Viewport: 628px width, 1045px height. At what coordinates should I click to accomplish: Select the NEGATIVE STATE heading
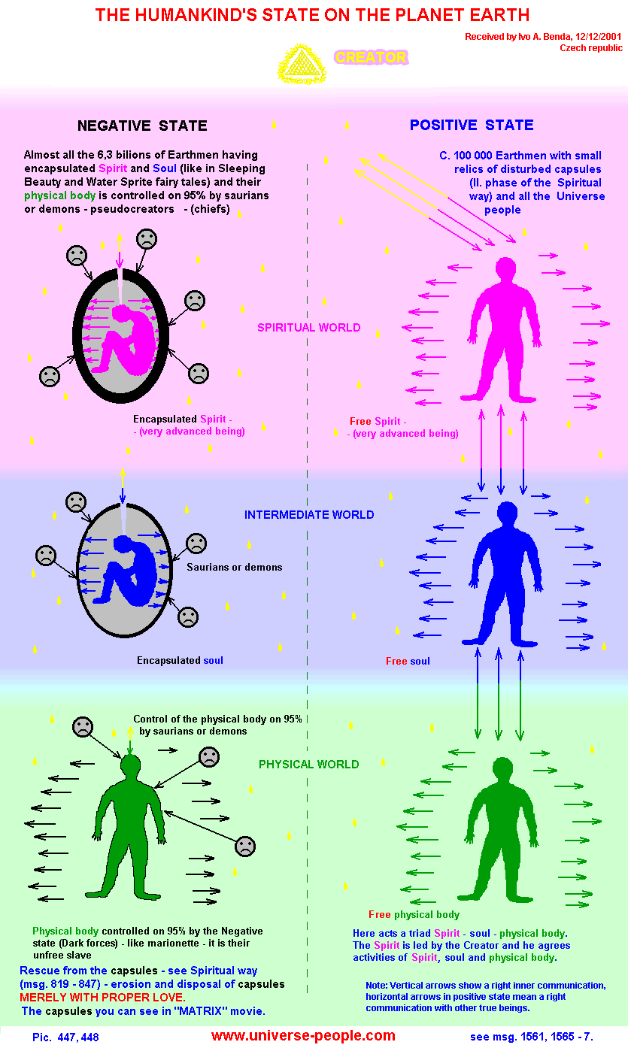click(x=142, y=126)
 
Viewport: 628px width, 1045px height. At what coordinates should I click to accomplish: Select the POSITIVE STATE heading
click(x=472, y=125)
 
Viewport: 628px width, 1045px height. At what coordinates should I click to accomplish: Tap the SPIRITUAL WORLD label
click(x=309, y=328)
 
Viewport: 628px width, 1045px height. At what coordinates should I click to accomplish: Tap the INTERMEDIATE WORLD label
click(x=309, y=515)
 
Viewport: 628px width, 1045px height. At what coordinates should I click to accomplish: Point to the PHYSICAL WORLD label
click(x=309, y=764)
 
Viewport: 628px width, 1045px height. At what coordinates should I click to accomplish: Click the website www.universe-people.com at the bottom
click(x=303, y=1035)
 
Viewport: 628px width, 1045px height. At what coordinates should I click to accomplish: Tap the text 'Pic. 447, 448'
click(x=65, y=1037)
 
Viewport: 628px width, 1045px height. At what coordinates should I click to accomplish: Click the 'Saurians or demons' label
click(x=235, y=567)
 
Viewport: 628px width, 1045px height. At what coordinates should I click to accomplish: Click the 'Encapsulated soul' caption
click(x=180, y=660)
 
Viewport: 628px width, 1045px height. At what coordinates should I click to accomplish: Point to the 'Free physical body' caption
click(x=414, y=914)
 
